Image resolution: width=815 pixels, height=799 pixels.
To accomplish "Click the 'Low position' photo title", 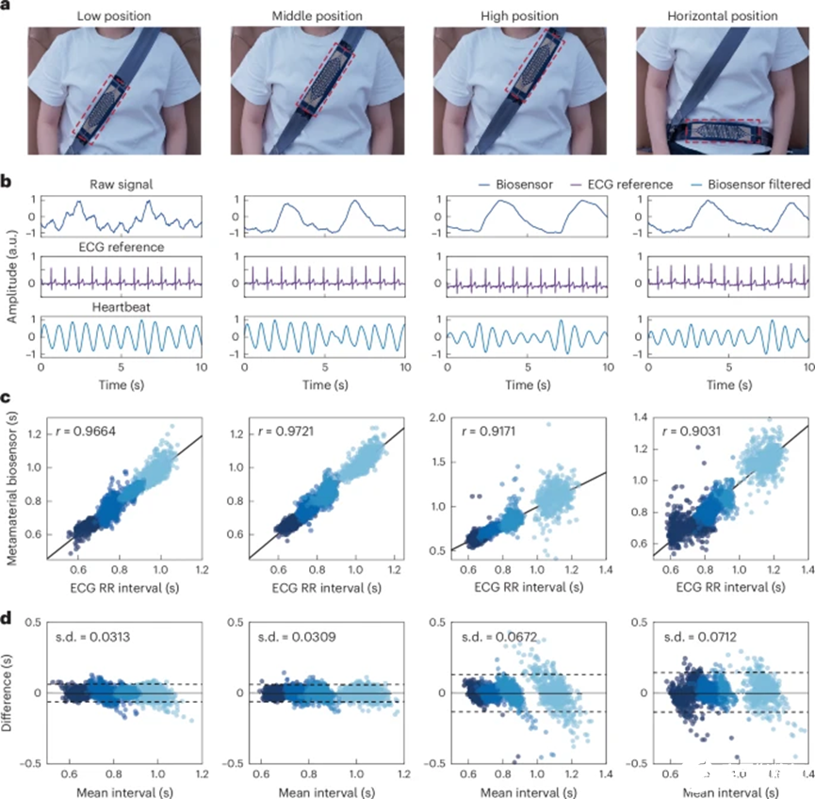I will click(x=115, y=17).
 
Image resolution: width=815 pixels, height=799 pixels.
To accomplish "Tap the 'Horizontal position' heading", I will click(x=720, y=17).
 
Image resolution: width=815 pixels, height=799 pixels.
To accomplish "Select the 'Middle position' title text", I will click(x=318, y=17).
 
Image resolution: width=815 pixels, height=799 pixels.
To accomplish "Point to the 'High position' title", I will click(x=521, y=17).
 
